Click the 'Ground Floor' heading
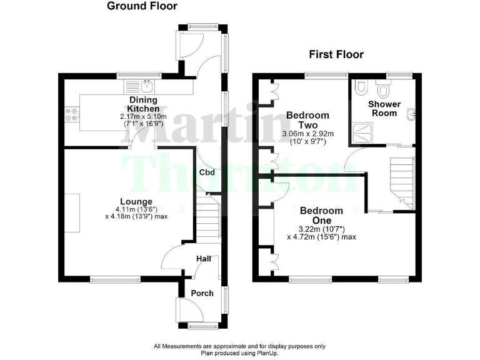[x=142, y=6]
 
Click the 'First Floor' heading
[x=336, y=54]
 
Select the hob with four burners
[x=71, y=114]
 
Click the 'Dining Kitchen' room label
[x=143, y=104]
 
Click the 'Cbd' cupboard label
[x=207, y=173]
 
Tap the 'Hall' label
[x=204, y=258]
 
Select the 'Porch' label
[x=202, y=293]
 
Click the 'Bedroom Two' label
[x=307, y=121]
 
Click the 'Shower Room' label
[x=384, y=108]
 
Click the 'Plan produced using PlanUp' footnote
[x=239, y=353]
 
